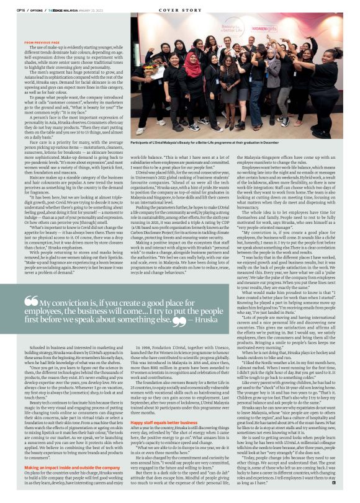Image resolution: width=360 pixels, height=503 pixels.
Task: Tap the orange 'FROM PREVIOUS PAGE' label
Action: tap(41, 42)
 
